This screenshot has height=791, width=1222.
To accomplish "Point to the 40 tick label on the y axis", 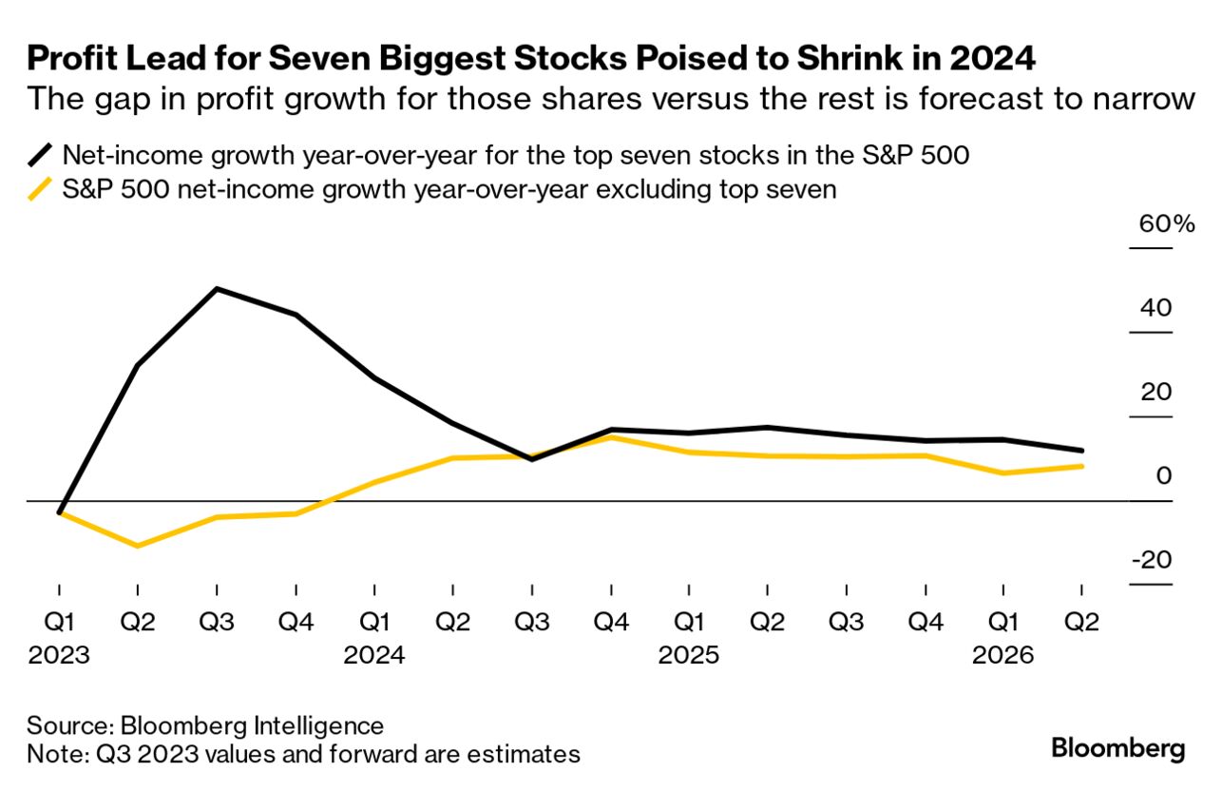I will tap(1153, 309).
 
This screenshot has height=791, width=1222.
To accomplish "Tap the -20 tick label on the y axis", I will tap(1151, 560).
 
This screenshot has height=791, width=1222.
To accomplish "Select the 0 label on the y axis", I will tap(1163, 476).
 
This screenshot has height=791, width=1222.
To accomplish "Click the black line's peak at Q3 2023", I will tap(218, 288).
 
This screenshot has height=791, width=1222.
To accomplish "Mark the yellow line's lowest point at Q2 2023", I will tap(139, 546).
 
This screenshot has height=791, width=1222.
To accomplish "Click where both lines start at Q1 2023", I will tap(60, 512).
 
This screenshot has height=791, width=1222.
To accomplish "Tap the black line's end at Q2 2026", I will tap(1082, 451).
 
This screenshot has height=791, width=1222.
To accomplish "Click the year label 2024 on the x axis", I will tap(374, 656).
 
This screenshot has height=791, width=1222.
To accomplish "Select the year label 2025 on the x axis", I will tap(689, 656).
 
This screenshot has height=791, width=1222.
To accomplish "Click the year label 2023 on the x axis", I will tap(60, 656).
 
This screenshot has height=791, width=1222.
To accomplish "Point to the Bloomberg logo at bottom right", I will tap(1118, 748).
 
